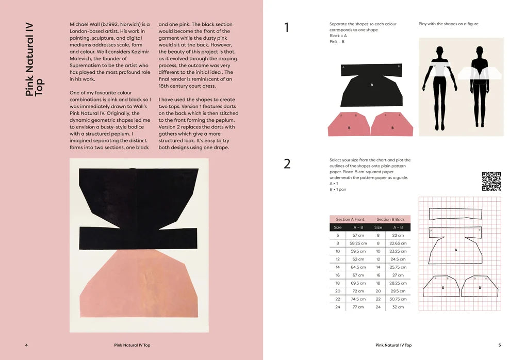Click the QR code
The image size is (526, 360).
(491, 181)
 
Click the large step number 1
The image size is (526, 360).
(287, 28)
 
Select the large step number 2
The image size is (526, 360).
(287, 164)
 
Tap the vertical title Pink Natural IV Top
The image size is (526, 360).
(34, 58)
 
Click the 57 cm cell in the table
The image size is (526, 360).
(358, 235)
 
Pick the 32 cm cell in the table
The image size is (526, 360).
(398, 307)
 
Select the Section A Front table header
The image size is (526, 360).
(350, 219)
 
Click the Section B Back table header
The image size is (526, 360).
(390, 219)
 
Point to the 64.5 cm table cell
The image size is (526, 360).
(358, 267)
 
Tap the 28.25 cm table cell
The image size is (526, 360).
(398, 283)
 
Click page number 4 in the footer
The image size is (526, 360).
(26, 345)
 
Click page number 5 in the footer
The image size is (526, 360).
(499, 345)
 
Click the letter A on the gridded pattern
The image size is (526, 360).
(456, 250)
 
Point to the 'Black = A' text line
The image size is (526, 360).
(338, 36)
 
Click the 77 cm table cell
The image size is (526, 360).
(358, 307)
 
